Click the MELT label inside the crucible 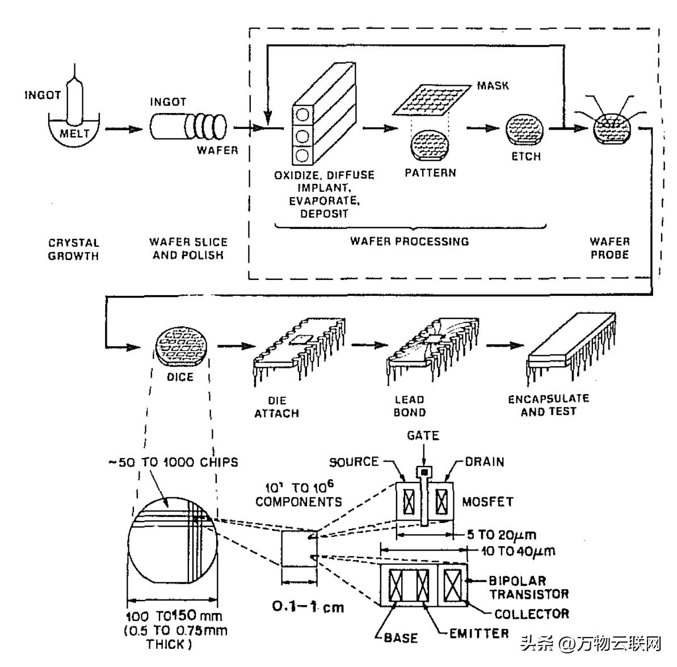74,134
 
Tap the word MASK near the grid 493,86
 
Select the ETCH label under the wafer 526,156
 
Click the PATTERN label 430,173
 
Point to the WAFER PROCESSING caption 409,241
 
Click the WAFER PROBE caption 609,248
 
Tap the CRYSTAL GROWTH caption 73,249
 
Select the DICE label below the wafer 180,377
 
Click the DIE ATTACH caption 276,406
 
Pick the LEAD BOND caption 409,406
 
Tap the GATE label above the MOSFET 423,436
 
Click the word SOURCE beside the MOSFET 354,462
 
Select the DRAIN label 484,462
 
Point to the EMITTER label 479,633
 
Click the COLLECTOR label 531,614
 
